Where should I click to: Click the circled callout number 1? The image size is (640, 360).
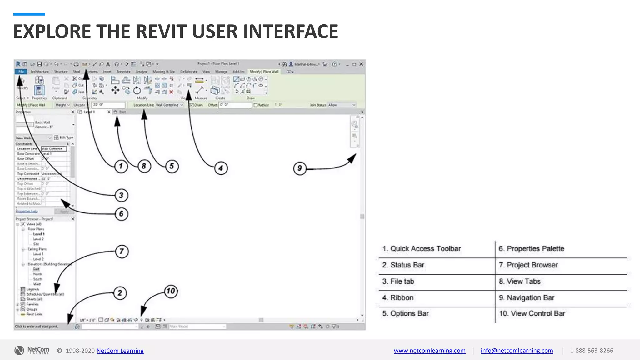click(x=121, y=166)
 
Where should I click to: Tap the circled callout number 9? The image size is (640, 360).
click(x=299, y=168)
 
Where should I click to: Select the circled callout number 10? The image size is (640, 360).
click(x=171, y=291)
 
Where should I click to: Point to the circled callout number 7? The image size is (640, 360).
click(x=122, y=251)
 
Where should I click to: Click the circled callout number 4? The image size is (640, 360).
click(x=221, y=168)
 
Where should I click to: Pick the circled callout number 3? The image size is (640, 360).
click(x=121, y=195)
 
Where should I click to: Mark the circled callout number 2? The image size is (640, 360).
click(x=120, y=293)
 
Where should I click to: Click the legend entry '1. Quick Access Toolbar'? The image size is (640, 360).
click(x=422, y=249)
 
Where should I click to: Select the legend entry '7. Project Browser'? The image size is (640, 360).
click(x=528, y=265)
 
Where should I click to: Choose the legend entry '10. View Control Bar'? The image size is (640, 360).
click(x=532, y=313)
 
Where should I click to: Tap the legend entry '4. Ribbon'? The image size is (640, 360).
click(x=398, y=298)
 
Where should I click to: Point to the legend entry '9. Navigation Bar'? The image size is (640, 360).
click(x=527, y=298)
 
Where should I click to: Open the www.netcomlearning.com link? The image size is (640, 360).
click(x=430, y=351)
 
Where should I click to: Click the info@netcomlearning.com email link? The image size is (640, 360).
click(x=517, y=351)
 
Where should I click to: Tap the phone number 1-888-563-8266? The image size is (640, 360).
click(x=592, y=351)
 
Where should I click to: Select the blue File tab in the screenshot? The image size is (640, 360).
click(x=21, y=72)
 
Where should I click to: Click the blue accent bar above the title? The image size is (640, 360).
click(x=29, y=14)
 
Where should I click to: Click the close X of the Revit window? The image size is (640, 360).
click(x=361, y=64)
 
